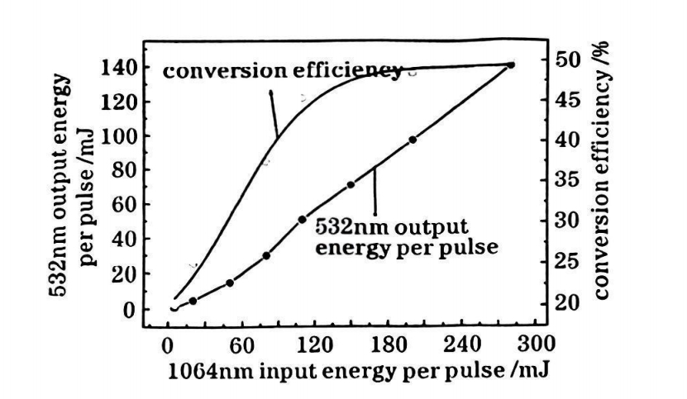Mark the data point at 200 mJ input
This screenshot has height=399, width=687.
pos(413,140)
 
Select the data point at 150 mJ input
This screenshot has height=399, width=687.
pos(351,184)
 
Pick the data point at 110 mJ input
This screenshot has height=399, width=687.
pos(302,220)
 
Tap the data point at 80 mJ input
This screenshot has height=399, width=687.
pos(266,255)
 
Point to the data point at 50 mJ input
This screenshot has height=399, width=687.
pos(230,283)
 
